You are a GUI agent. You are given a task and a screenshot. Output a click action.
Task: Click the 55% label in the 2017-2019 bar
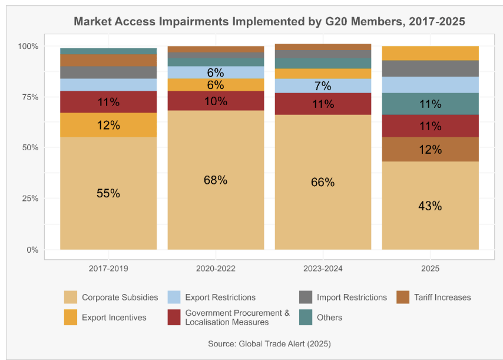click(x=108, y=193)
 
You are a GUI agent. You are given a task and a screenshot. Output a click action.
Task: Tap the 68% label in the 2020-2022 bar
click(x=216, y=180)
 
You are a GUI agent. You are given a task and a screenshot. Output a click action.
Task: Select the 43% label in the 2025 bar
click(x=430, y=206)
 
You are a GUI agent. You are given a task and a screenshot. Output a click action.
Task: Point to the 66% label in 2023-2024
click(x=323, y=182)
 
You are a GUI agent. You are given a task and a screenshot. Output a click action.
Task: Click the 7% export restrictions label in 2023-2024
click(x=323, y=86)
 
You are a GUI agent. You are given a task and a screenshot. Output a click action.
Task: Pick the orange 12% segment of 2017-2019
click(x=108, y=125)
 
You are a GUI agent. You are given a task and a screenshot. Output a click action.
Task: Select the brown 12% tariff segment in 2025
click(x=430, y=150)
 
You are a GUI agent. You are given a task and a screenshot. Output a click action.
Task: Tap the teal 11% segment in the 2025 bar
click(x=430, y=104)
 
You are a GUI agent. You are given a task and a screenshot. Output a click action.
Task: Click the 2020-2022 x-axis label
click(x=216, y=268)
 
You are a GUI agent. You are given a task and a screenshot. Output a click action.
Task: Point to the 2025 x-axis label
click(x=430, y=268)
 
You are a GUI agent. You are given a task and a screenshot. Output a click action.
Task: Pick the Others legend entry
click(x=329, y=318)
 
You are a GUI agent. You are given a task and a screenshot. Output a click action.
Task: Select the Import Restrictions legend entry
click(x=351, y=298)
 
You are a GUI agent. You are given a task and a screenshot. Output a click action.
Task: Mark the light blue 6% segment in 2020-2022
click(x=216, y=72)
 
